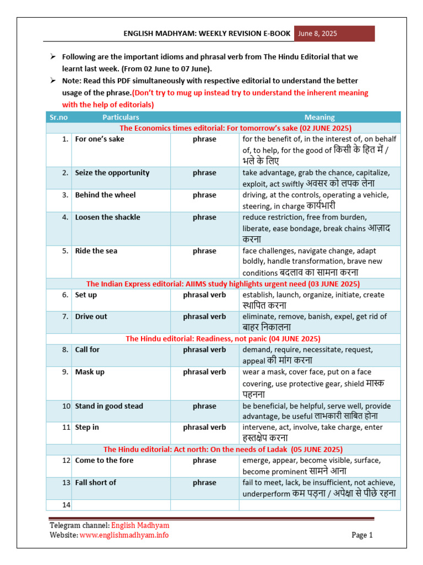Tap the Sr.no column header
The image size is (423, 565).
pos(58,117)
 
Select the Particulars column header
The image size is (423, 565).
pos(121,117)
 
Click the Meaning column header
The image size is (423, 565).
pos(319,117)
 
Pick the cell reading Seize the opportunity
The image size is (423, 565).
pos(112,173)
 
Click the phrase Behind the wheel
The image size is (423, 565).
pos(105,195)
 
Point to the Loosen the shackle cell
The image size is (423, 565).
pos(107,217)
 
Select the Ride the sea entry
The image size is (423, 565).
pos(96,250)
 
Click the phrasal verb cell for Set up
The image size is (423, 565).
pos(204,295)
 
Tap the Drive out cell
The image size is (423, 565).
pos(91,317)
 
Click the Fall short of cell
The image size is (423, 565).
pos(96,482)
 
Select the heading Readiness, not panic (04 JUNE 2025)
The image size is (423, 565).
pos(223,339)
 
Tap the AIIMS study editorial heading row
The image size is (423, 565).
pos(223,284)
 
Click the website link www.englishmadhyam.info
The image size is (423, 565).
pos(124,535)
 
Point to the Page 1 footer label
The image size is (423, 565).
pos(362,535)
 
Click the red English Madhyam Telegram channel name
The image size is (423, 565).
pos(140,526)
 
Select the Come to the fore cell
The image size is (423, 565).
pos(104,460)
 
